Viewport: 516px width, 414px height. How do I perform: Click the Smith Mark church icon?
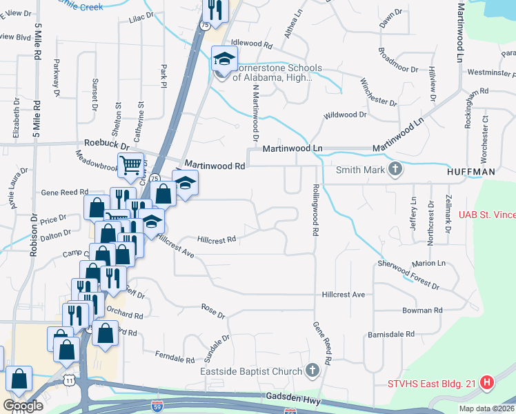tap(395, 169)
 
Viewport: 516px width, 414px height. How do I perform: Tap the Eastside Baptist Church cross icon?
tap(312, 371)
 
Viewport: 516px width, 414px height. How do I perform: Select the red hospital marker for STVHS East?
tap(488, 382)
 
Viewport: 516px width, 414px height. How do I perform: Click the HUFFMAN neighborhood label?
tap(470, 170)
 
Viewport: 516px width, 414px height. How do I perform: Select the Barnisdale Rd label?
tap(390, 334)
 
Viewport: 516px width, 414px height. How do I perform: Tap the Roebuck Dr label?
tap(107, 146)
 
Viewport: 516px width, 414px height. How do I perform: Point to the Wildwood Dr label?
tap(344, 115)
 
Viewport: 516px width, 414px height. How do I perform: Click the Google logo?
tap(22, 406)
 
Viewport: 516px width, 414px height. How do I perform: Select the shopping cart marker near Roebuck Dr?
tap(130, 165)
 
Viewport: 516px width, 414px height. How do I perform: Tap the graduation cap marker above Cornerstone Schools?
tap(224, 58)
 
